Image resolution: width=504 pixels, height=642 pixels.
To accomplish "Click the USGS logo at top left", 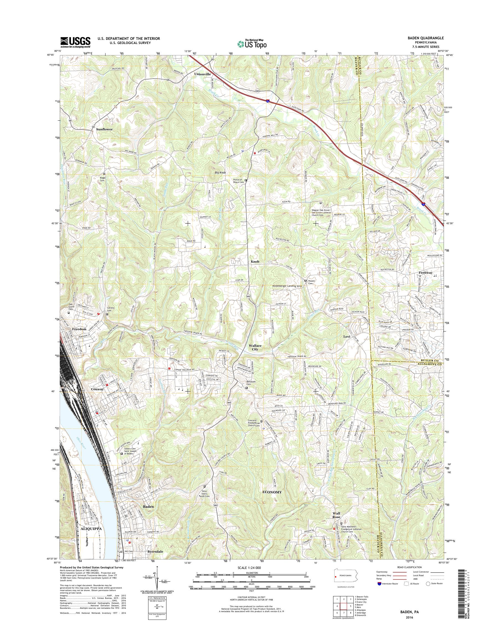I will (x=75, y=42).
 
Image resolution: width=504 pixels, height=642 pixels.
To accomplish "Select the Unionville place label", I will (x=202, y=74).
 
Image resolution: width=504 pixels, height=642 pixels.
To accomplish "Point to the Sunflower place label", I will (x=104, y=129).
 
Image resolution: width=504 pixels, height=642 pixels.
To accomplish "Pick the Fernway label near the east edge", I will (x=426, y=273).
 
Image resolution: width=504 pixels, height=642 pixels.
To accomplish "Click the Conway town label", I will (x=97, y=389).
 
